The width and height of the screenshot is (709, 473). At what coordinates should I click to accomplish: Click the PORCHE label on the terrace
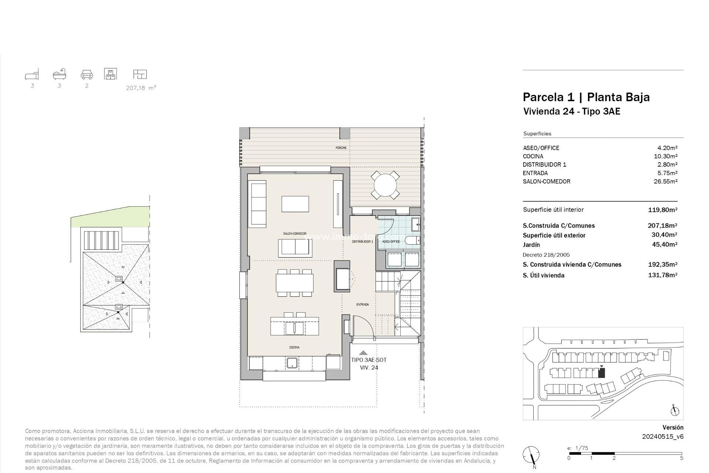click(x=341, y=148)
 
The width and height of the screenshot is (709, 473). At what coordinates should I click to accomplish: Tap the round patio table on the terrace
click(x=385, y=185)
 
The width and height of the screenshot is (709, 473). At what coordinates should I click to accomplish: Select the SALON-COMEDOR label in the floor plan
click(x=295, y=234)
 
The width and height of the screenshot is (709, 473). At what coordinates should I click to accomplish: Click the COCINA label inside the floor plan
click(x=294, y=347)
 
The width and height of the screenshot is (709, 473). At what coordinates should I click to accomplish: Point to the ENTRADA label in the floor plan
click(x=362, y=304)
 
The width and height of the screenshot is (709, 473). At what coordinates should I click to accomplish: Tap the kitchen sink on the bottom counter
click(x=292, y=363)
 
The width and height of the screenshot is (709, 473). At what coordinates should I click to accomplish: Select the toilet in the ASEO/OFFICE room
click(x=412, y=241)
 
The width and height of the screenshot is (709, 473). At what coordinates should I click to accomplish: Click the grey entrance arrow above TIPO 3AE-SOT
click(x=363, y=353)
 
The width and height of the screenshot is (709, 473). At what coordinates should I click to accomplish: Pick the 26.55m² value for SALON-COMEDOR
click(x=665, y=181)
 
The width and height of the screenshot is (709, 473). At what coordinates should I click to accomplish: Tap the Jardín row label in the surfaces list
click(x=531, y=245)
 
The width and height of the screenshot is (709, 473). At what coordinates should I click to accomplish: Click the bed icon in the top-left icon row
click(x=32, y=75)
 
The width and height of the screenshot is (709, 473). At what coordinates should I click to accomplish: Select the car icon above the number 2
click(x=87, y=75)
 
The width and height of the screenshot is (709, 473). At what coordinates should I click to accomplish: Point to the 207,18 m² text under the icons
click(x=141, y=88)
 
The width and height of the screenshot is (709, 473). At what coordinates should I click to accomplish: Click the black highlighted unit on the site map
click(x=602, y=373)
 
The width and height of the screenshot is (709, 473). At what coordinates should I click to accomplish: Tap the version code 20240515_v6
click(x=662, y=436)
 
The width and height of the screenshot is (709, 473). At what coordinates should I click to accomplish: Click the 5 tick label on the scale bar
click(x=682, y=458)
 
